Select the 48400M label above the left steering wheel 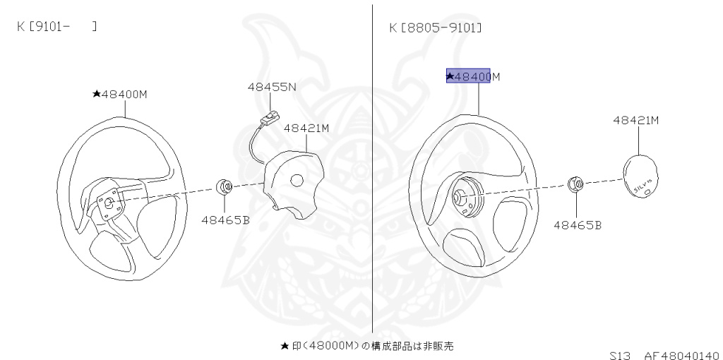coord(119,93)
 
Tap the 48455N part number coord(271,88)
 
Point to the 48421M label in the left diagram coord(306,128)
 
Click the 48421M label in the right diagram coord(635,121)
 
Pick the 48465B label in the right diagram coord(577,225)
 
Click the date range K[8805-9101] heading coord(436,28)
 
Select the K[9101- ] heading coord(56,26)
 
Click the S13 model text coord(621,355)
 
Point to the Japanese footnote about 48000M coord(366,346)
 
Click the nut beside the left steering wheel coord(225,187)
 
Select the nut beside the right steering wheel coord(576,185)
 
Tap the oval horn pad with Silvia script coord(641,179)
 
